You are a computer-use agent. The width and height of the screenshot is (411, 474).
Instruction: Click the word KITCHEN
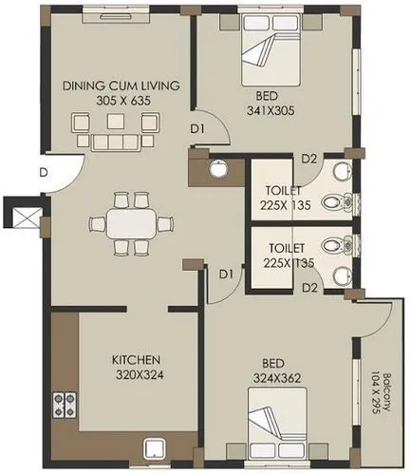point(135,360)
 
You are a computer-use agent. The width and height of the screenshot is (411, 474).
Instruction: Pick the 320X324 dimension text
point(135,374)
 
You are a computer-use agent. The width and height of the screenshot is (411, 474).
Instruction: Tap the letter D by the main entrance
point(44,172)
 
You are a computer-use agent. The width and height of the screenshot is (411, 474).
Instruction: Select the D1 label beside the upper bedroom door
point(197,127)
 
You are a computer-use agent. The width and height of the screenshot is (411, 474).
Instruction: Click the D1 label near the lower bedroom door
point(226,275)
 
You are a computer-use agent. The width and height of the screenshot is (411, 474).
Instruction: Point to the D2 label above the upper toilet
point(308,159)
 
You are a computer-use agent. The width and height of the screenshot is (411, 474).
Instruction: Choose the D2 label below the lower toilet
point(308,288)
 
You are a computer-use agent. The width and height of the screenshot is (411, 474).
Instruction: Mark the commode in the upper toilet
point(332,201)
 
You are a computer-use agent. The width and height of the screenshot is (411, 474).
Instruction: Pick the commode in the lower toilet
point(332,245)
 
